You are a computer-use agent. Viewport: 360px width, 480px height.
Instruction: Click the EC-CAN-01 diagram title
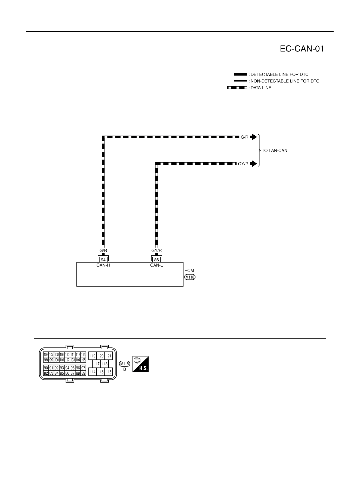[302, 49]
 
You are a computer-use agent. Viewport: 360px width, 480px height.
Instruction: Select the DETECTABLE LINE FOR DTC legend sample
[241, 74]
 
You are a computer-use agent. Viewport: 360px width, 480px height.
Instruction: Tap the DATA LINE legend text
[261, 88]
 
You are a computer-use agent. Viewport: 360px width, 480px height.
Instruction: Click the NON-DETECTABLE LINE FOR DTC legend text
[285, 81]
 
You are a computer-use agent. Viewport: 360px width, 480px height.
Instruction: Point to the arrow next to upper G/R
[253, 137]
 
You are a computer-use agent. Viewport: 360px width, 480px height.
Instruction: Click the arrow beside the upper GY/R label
[253, 164]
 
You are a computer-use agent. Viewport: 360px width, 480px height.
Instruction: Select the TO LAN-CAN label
[275, 150]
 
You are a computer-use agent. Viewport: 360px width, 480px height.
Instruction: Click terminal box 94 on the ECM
[103, 260]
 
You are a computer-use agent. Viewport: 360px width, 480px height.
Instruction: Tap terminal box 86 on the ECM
[156, 260]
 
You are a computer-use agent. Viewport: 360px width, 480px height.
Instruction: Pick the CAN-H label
[103, 265]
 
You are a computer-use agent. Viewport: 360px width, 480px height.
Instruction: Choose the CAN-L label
[156, 265]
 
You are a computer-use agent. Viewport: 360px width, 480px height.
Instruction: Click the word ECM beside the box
[189, 271]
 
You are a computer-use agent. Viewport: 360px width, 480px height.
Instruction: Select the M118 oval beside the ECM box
[190, 277]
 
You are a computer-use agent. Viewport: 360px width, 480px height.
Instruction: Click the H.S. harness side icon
[140, 364]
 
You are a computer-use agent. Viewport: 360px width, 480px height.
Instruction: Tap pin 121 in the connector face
[109, 356]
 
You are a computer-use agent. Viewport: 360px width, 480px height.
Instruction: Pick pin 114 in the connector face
[93, 372]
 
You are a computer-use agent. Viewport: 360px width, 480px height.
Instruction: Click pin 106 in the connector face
[46, 354]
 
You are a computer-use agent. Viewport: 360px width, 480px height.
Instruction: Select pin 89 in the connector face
[83, 373]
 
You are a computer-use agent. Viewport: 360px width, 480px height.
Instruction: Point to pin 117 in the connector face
[97, 364]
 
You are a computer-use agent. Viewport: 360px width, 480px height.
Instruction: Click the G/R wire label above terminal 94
[103, 250]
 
